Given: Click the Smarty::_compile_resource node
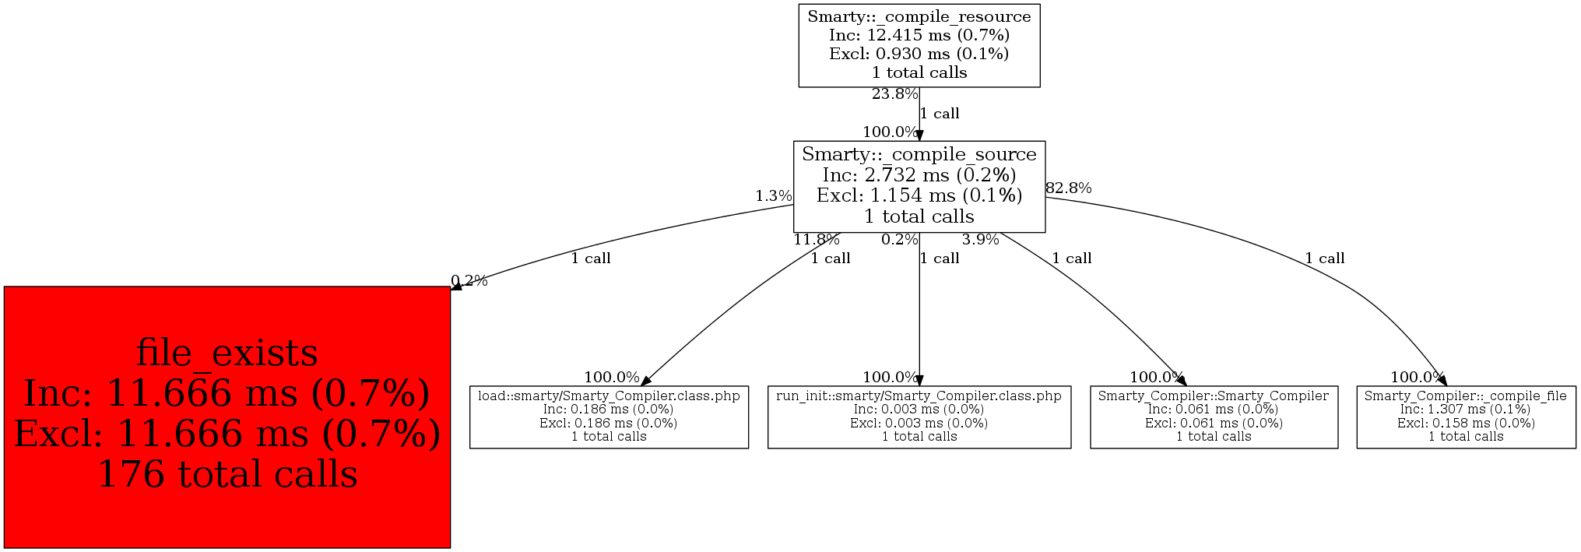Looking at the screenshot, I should click(919, 45).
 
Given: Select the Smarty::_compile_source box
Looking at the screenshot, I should click(919, 186).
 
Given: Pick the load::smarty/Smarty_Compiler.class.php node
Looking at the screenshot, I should click(609, 417).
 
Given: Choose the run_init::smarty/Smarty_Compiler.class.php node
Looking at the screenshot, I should click(919, 417).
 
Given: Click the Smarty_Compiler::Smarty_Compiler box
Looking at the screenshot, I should click(1213, 417).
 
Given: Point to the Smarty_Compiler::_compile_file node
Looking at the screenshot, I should click(1465, 417).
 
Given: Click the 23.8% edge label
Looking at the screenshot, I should click(894, 94).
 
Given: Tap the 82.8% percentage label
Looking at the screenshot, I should click(1068, 188).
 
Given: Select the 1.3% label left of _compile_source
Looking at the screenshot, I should click(773, 195).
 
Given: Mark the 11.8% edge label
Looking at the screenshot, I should click(816, 239).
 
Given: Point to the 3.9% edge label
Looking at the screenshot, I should click(980, 239).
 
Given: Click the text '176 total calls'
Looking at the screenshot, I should click(227, 474).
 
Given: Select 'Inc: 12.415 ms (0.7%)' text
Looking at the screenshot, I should click(919, 35).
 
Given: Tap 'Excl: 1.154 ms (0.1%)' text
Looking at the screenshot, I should click(919, 195).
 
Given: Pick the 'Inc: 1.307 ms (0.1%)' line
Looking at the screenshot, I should click(1465, 410).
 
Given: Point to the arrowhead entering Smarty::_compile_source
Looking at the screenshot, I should click(919, 135).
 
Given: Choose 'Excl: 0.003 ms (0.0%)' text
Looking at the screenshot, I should click(919, 423).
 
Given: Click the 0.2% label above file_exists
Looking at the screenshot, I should click(469, 280).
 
